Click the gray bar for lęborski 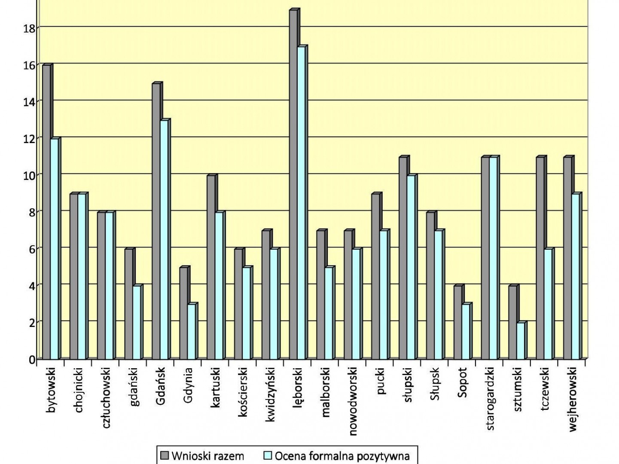coord(293,185)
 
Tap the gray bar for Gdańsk coord(156,221)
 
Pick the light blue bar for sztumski coord(520,341)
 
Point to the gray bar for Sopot coord(458,322)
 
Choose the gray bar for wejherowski coord(567,258)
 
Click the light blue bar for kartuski coord(219,286)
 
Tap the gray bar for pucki coord(375,276)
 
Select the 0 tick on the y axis coord(32,360)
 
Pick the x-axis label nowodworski coord(353,401)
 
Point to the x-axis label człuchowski coord(107,397)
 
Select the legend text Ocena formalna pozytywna coord(342,456)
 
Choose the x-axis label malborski coord(326,392)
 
